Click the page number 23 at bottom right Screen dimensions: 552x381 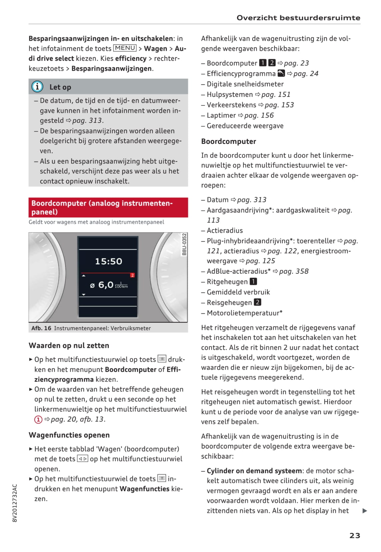[x=354, y=535]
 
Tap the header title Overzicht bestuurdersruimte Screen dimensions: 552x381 [x=298, y=18]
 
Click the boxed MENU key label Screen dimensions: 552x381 [x=125, y=48]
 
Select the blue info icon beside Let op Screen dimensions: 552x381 [x=37, y=87]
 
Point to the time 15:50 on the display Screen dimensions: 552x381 [x=108, y=261]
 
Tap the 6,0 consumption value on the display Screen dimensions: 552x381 [x=106, y=285]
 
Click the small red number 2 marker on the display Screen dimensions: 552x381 [x=132, y=275]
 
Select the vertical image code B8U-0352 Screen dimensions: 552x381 [x=184, y=245]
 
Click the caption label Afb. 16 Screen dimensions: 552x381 [x=41, y=328]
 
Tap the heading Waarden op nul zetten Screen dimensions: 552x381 [x=69, y=345]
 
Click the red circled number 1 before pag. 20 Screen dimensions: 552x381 [x=38, y=420]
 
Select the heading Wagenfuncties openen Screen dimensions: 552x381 [x=69, y=435]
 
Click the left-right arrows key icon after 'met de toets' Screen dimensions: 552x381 [x=82, y=459]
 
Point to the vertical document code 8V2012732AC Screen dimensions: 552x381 [x=15, y=503]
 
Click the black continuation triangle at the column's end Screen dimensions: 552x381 [x=365, y=511]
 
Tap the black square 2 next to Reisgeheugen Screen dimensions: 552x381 [x=257, y=302]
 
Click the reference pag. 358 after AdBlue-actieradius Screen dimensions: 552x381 [x=294, y=271]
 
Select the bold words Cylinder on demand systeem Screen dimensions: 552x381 [x=254, y=471]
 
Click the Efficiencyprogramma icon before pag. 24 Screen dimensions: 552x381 [x=281, y=73]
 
